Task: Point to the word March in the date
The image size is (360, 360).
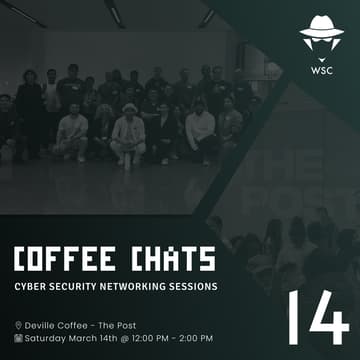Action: [x=91, y=338]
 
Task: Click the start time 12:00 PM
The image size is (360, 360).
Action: [x=153, y=338]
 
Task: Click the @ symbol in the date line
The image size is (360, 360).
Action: [x=127, y=338]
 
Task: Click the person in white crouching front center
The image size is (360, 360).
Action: [x=128, y=137]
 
